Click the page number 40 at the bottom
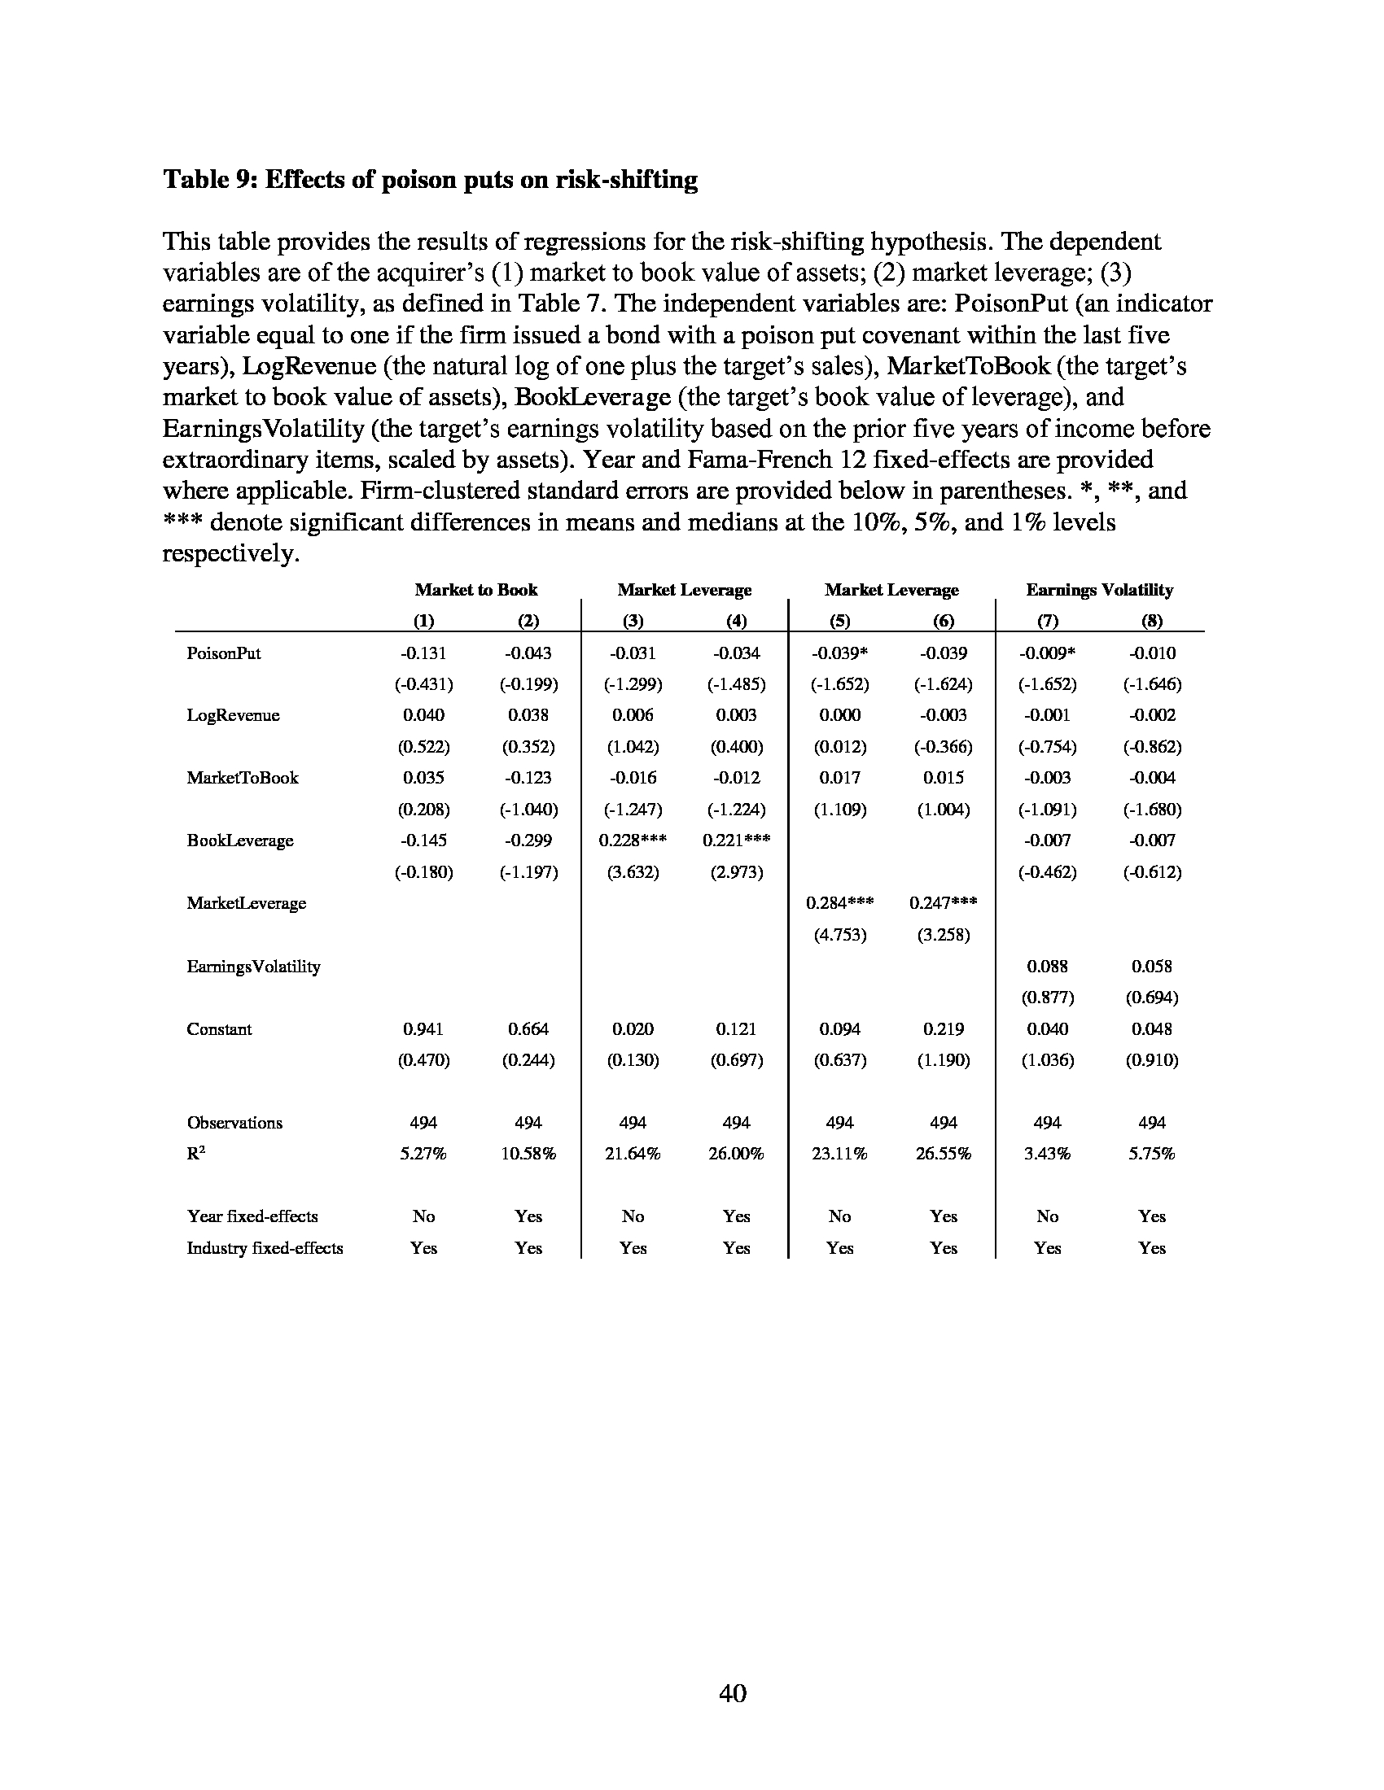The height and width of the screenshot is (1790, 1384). click(732, 1692)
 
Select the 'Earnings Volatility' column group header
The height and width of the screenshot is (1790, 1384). click(1100, 590)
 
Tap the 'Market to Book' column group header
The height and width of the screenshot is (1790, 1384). click(475, 590)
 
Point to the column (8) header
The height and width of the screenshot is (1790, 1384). click(1152, 622)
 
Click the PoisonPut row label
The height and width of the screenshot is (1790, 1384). click(224, 653)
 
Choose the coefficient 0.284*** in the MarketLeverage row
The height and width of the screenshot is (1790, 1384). click(839, 903)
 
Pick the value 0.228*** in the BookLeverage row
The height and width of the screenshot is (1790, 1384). click(633, 840)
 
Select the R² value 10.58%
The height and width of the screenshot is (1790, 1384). click(528, 1154)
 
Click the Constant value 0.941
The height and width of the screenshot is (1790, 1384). click(423, 1028)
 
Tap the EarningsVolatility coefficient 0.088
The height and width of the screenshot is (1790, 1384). click(1047, 967)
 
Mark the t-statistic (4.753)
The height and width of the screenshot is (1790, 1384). click(839, 935)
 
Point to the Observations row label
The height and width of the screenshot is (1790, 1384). click(234, 1123)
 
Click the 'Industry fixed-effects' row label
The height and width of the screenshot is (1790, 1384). click(265, 1248)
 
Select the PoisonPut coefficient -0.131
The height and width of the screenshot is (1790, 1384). click(423, 653)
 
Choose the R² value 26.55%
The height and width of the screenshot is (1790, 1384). click(944, 1154)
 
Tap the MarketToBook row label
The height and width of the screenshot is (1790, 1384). click(243, 778)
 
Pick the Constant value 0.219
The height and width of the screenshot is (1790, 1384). click(944, 1028)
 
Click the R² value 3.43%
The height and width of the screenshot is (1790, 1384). click(1047, 1154)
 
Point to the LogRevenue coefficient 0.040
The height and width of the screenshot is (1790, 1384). click(423, 714)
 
